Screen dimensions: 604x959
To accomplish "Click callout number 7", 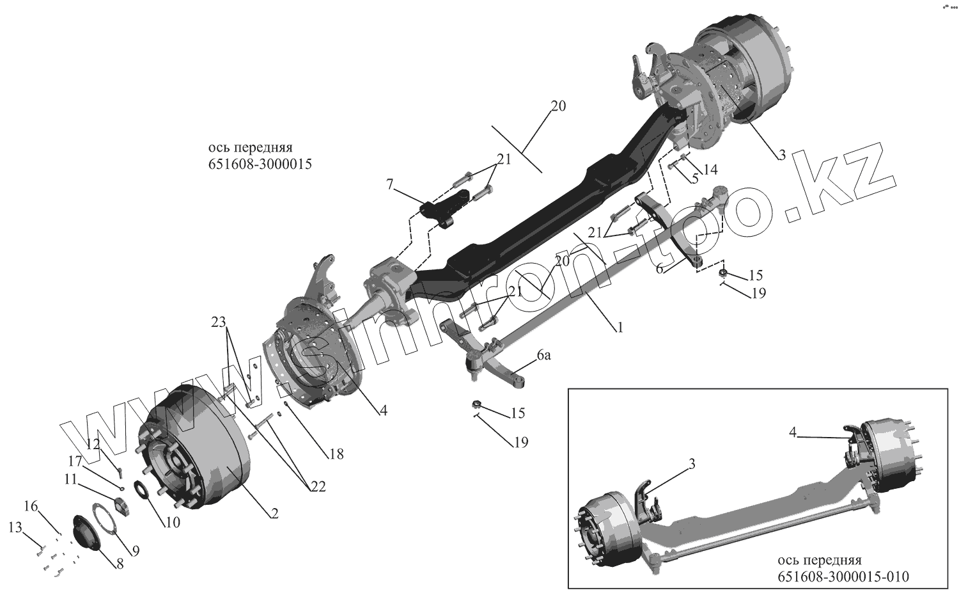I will (389, 185).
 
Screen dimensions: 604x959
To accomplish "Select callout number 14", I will (710, 170).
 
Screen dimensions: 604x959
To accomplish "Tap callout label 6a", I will (543, 356).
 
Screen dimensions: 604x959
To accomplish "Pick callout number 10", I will (172, 522).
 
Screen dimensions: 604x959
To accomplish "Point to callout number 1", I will (619, 327).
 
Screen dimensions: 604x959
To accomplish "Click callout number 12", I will (94, 443).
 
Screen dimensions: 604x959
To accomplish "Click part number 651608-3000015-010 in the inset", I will (843, 576).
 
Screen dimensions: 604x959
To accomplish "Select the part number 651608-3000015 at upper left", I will (260, 164).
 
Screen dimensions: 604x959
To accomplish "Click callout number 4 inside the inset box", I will (793, 433).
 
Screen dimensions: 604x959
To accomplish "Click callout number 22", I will (317, 487).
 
